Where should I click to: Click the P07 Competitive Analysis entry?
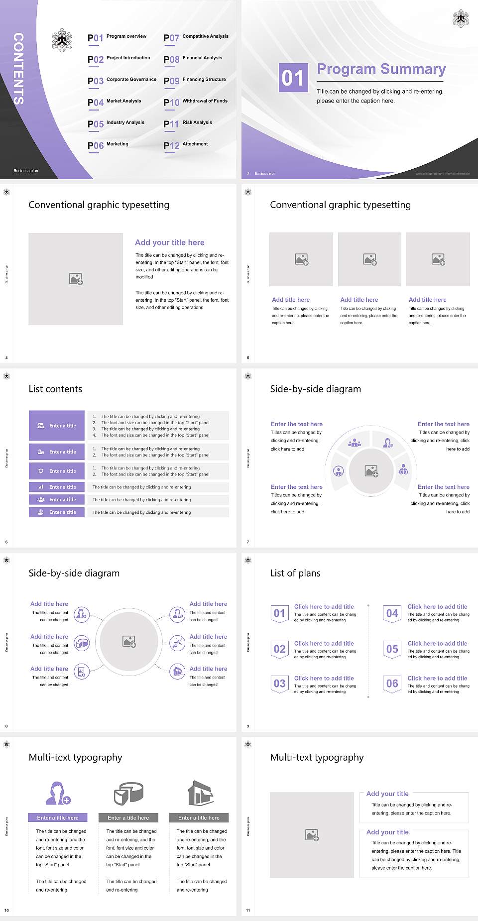(196, 37)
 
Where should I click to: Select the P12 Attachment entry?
(186, 145)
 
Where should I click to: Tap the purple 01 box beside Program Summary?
(293, 78)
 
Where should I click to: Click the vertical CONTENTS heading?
(18, 69)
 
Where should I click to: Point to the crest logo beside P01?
(62, 40)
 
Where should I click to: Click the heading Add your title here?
(169, 242)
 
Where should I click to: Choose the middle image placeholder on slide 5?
(369, 259)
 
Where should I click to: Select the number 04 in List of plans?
(392, 613)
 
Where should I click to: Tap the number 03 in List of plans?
(280, 684)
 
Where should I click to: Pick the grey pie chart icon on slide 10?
(128, 793)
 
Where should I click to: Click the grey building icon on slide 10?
(200, 793)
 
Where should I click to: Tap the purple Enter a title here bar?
(58, 817)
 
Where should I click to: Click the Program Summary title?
(381, 69)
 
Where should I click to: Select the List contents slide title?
(55, 389)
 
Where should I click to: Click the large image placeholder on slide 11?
(312, 834)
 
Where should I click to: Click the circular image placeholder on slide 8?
(129, 641)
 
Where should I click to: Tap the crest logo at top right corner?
(461, 18)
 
